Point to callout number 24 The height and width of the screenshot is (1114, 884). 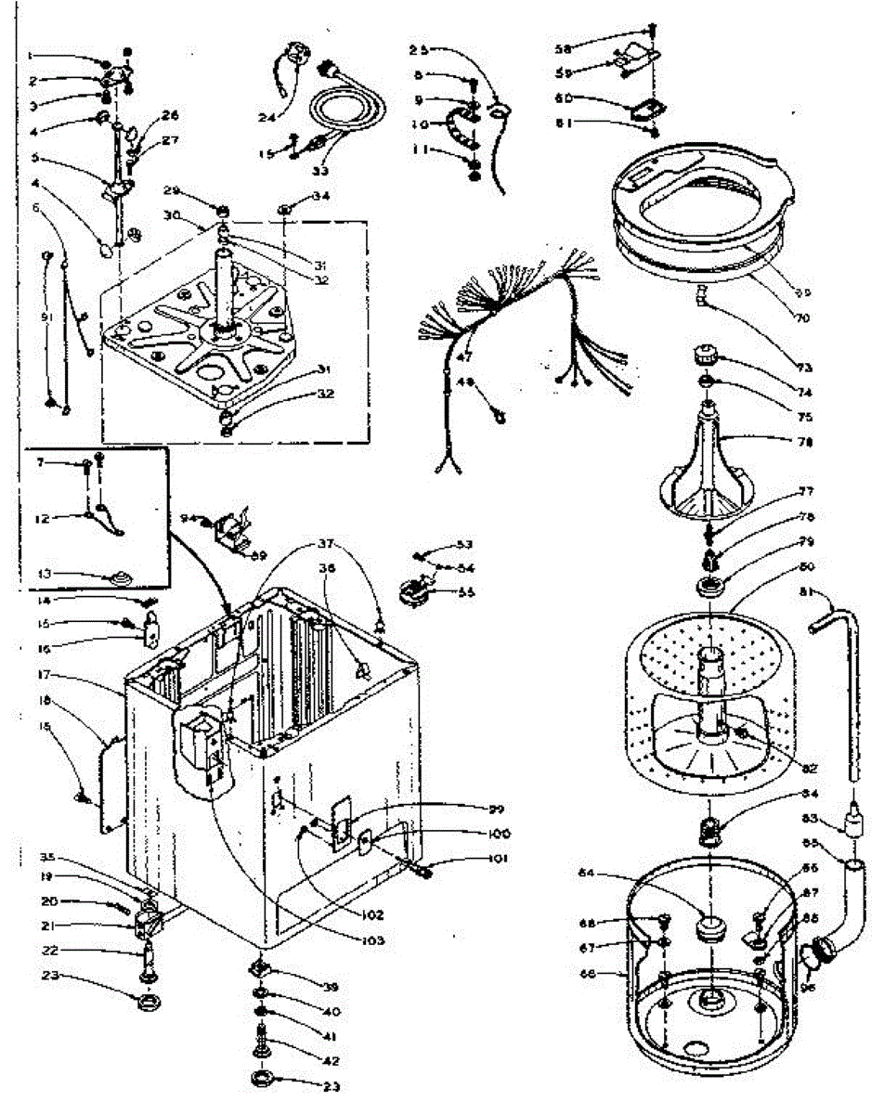click(241, 118)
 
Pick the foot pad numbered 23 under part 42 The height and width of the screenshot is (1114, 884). click(264, 1079)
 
